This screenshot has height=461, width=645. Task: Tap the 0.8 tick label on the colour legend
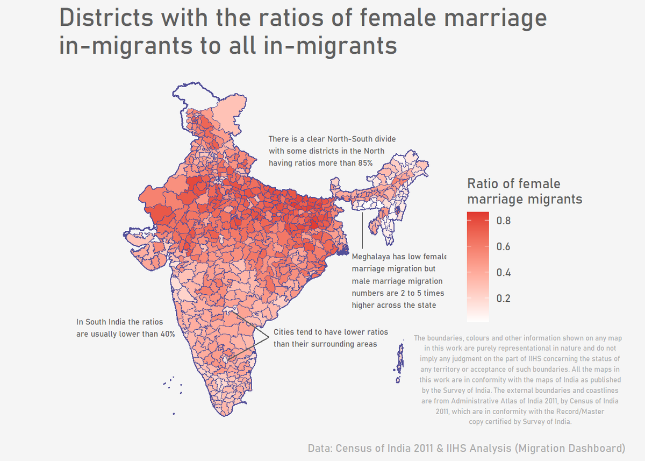[x=503, y=221]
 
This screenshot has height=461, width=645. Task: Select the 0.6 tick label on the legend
[x=503, y=246]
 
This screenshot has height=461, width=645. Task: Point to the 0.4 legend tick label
[x=503, y=273]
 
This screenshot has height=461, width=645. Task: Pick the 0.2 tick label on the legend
[x=503, y=299]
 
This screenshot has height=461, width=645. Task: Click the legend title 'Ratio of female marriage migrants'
[x=524, y=192]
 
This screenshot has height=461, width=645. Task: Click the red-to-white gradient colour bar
[x=478, y=266]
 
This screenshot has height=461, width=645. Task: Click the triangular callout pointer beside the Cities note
[x=258, y=337]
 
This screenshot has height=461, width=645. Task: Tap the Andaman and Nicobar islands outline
[x=399, y=361]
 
